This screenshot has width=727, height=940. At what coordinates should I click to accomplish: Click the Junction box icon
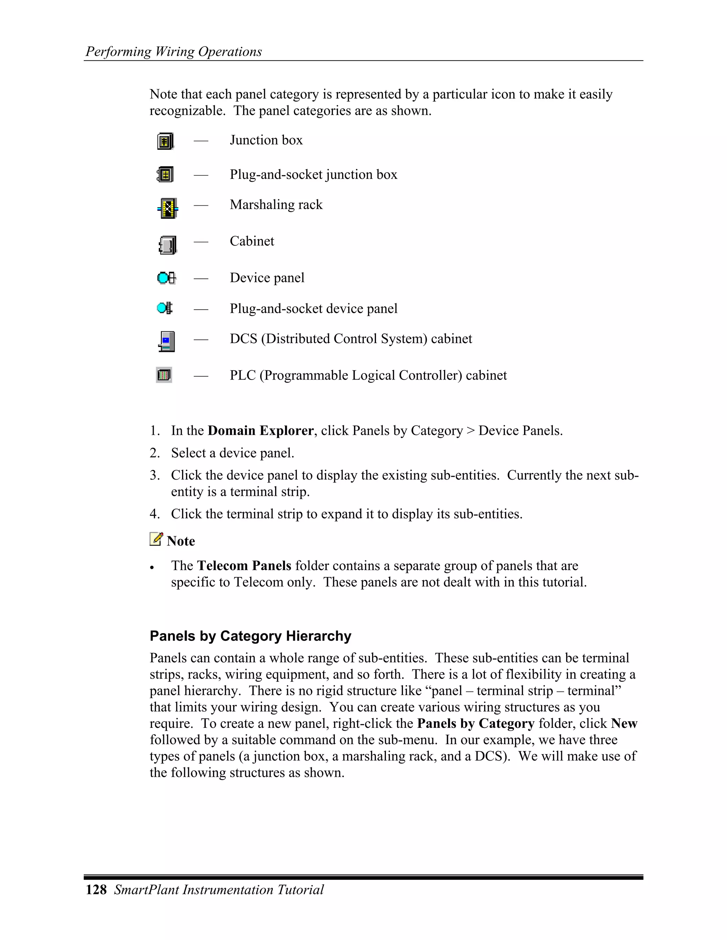point(165,141)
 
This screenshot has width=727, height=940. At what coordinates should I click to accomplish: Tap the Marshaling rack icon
point(168,208)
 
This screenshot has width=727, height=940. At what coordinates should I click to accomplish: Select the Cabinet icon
point(167,245)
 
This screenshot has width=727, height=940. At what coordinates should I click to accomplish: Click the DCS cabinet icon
point(167,341)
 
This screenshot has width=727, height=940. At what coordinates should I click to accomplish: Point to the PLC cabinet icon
point(164,375)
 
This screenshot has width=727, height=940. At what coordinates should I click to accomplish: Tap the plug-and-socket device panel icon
point(164,308)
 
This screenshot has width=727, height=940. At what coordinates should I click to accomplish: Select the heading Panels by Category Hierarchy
point(250,636)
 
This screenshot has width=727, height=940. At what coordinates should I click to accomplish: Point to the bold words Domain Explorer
point(260,431)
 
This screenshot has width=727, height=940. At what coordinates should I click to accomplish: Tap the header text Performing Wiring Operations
point(174,52)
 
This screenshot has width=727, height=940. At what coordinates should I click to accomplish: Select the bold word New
point(624,724)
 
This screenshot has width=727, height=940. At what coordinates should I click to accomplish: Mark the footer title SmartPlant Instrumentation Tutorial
point(219,890)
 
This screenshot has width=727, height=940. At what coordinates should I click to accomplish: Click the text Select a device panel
point(233,453)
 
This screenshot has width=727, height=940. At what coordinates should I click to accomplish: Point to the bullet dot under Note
point(152,568)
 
